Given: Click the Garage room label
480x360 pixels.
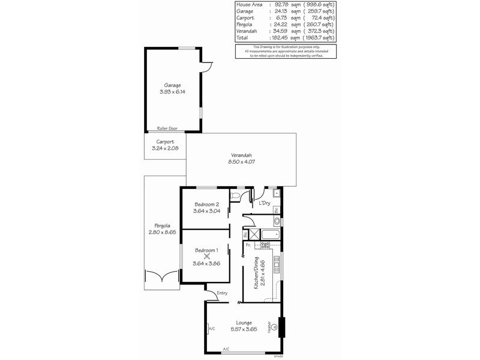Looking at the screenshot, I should pyautogui.click(x=173, y=85).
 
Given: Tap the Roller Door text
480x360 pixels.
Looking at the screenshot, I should pyautogui.click(x=167, y=128).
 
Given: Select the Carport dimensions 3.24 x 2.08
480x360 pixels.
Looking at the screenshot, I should pyautogui.click(x=165, y=148).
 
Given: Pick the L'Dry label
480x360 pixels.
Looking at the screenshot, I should pyautogui.click(x=264, y=203).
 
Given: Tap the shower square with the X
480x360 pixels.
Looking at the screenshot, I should pyautogui.click(x=253, y=235).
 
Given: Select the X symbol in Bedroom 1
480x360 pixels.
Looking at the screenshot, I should pyautogui.click(x=207, y=255).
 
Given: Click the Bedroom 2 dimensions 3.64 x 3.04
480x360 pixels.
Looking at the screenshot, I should pyautogui.click(x=206, y=211).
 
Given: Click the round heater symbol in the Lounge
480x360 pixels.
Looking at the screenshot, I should pyautogui.click(x=275, y=328).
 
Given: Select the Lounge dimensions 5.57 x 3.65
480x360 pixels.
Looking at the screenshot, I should pyautogui.click(x=244, y=329).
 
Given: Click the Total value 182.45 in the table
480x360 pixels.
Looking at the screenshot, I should pyautogui.click(x=264, y=38).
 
